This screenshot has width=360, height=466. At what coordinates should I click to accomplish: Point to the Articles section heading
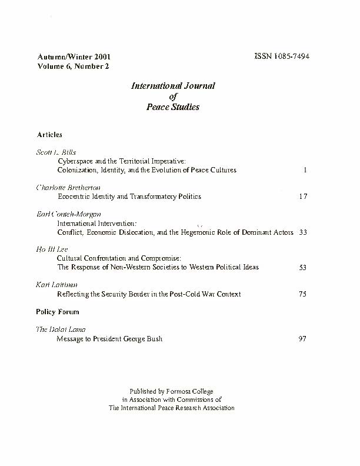click(x=49, y=135)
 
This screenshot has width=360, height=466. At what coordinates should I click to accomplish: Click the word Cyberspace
click(x=76, y=160)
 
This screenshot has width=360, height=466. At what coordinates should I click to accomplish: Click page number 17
click(x=302, y=197)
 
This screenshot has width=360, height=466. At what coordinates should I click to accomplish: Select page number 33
click(x=303, y=232)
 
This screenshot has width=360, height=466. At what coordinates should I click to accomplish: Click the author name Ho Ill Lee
click(x=51, y=249)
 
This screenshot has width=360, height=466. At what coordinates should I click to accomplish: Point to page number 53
click(x=302, y=267)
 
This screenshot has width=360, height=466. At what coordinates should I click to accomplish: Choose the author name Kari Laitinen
click(x=54, y=285)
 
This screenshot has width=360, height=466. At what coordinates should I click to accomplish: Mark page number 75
click(x=302, y=294)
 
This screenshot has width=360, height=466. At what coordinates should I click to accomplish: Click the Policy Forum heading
click(x=58, y=311)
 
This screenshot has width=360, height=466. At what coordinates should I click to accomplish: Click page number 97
click(x=302, y=339)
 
